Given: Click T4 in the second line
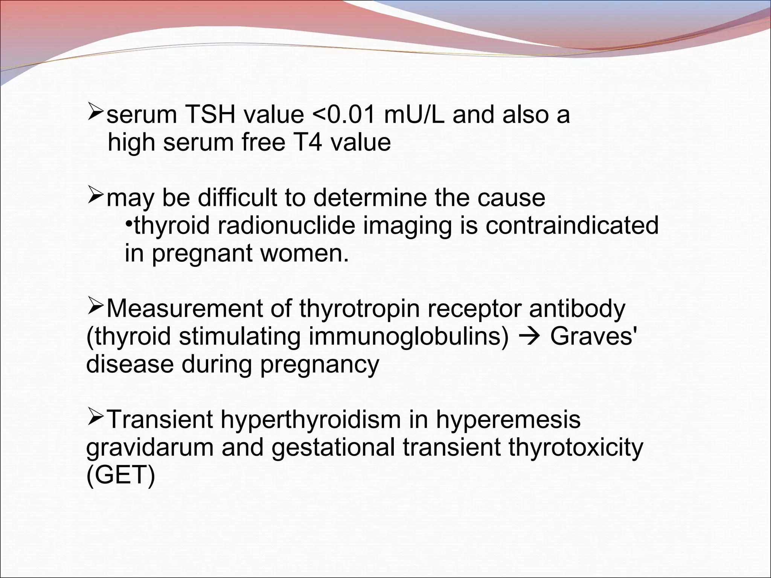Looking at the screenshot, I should pyautogui.click(x=302, y=143).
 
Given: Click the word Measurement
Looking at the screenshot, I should pyautogui.click(x=199, y=309).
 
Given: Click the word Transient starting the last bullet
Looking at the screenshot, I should pyautogui.click(x=160, y=419).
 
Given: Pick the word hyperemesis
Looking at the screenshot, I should pyautogui.click(x=508, y=419).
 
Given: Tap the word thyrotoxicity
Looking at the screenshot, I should pyautogui.click(x=576, y=448).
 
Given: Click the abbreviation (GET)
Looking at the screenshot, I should pyautogui.click(x=120, y=475).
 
